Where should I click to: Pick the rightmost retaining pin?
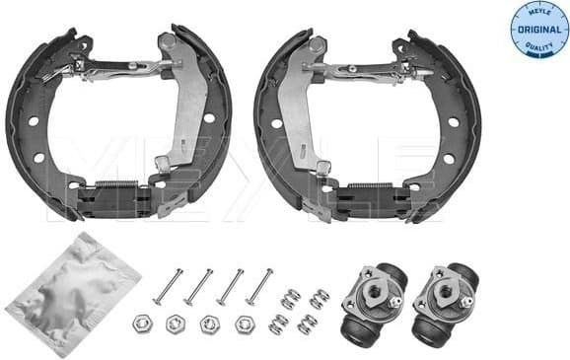[259, 285]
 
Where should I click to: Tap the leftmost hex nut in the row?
[140, 323]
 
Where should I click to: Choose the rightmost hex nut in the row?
[244, 322]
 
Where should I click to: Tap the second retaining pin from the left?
[199, 286]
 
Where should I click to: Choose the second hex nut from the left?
[176, 323]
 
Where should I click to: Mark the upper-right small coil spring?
[318, 297]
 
